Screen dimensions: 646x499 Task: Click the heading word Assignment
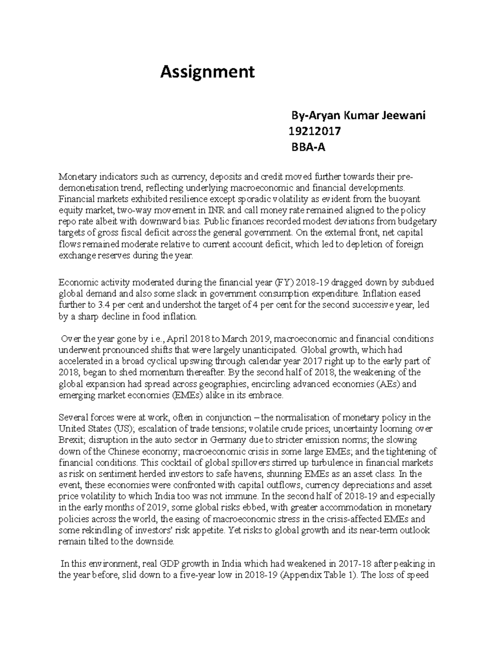(207, 72)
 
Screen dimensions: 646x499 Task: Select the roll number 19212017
(315, 132)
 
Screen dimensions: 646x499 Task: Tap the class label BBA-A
(308, 147)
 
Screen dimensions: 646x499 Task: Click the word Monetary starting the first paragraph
(77, 177)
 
